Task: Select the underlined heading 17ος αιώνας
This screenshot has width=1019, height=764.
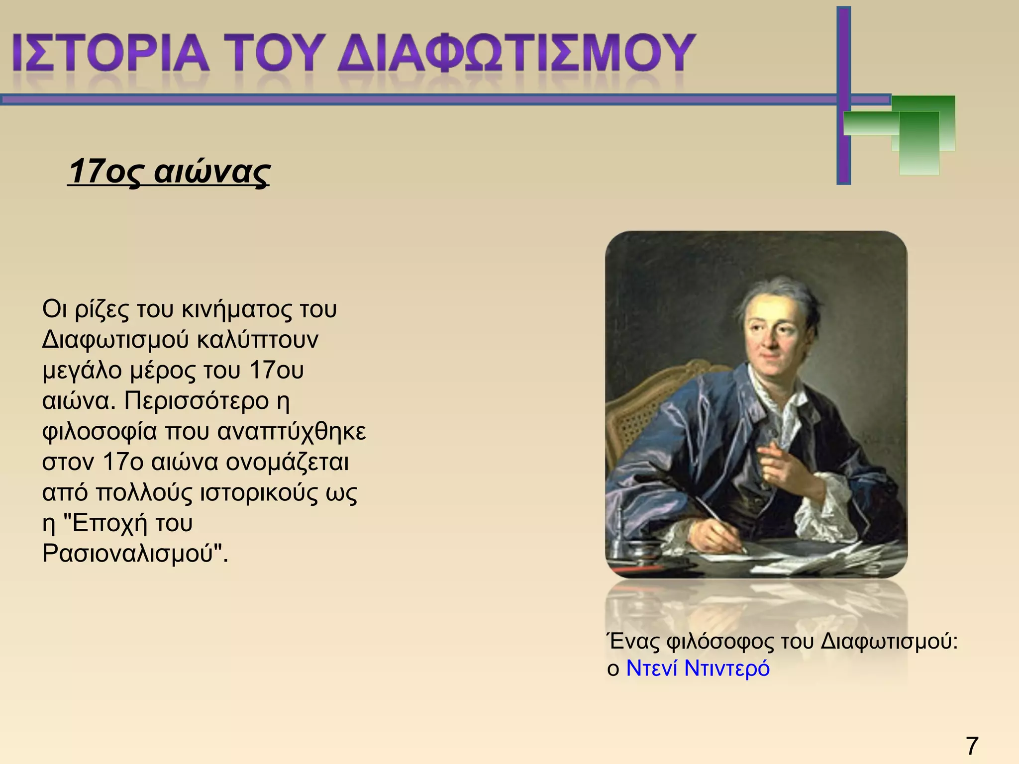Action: point(169,172)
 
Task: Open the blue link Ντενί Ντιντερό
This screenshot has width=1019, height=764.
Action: point(698,668)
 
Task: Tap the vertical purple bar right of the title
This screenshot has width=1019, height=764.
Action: point(843,95)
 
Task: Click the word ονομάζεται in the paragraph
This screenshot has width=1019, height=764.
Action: point(287,462)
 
